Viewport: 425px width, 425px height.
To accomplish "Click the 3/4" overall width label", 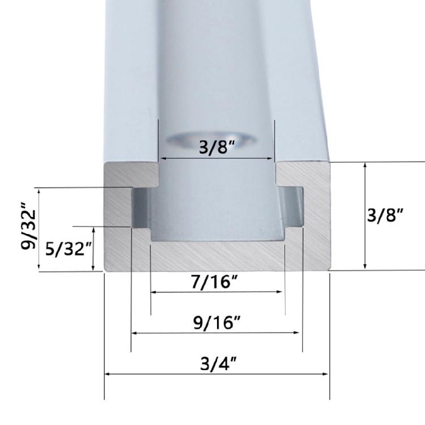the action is (219, 363).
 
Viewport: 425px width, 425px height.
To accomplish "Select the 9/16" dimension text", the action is (217, 322).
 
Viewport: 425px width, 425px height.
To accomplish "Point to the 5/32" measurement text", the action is (69, 249).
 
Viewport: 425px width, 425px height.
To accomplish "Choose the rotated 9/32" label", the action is (28, 226).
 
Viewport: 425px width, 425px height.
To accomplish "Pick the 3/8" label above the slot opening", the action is (217, 147).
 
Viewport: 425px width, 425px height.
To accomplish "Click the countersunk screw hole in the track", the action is (211, 139).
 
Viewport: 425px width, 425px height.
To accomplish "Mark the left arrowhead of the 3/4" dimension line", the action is (107, 374).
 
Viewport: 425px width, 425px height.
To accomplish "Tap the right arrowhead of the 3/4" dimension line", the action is (325, 374).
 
